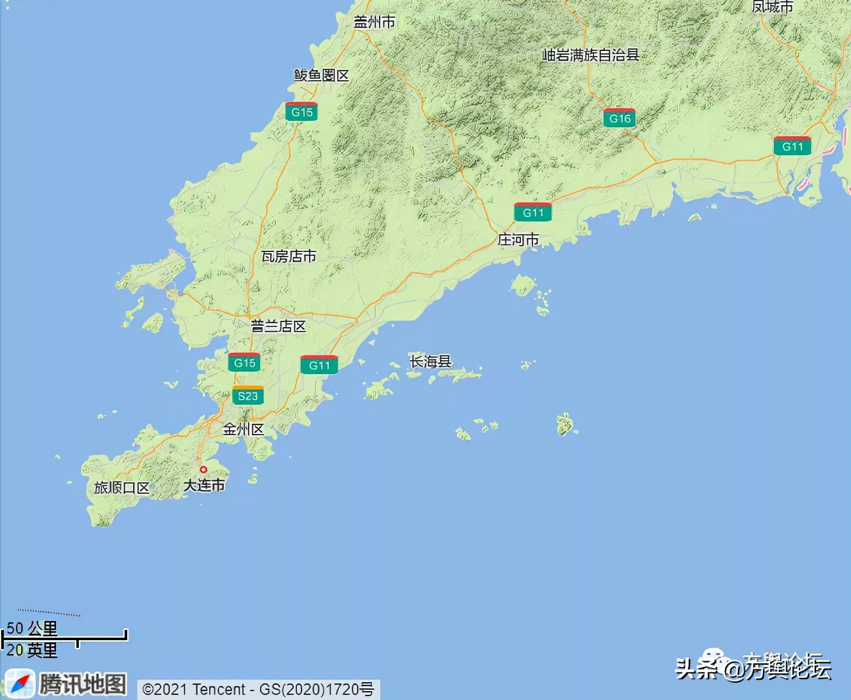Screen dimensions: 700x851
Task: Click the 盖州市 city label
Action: tap(374, 22)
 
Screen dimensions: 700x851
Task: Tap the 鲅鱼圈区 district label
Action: tap(321, 75)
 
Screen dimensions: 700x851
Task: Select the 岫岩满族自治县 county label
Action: tap(590, 55)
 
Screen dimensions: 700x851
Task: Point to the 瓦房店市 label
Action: tap(289, 256)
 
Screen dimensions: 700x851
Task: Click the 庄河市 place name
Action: tap(518, 240)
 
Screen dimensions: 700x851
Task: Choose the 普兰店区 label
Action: tap(278, 326)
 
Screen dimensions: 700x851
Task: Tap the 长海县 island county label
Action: tap(431, 361)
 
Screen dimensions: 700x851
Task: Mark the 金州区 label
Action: tap(243, 429)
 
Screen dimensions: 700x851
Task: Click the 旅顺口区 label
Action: tap(121, 487)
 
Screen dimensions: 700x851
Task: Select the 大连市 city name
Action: tap(204, 485)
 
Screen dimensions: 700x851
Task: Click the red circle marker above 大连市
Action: tap(204, 470)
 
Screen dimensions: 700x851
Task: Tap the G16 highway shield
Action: tap(619, 118)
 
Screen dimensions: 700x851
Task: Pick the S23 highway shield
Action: tap(247, 396)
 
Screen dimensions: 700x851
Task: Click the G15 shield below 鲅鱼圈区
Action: tap(301, 112)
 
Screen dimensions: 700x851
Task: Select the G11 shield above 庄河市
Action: tap(533, 213)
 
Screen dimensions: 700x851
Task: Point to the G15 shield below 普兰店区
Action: tap(244, 363)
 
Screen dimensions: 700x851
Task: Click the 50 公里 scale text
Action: tap(32, 628)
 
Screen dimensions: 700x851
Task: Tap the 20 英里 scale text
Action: tap(32, 650)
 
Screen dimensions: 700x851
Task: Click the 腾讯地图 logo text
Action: tap(83, 684)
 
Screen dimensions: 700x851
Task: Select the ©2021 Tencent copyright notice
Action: tap(258, 689)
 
